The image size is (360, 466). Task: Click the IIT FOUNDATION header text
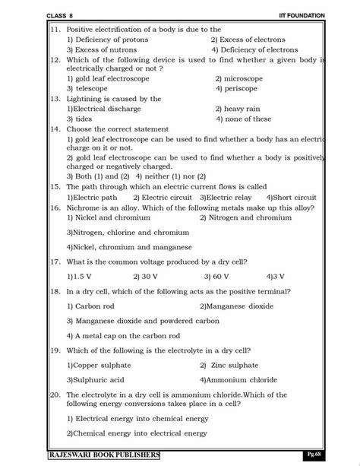coord(301,15)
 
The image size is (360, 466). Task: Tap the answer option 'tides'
coord(79,119)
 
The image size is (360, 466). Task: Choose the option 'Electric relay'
coord(230,197)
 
